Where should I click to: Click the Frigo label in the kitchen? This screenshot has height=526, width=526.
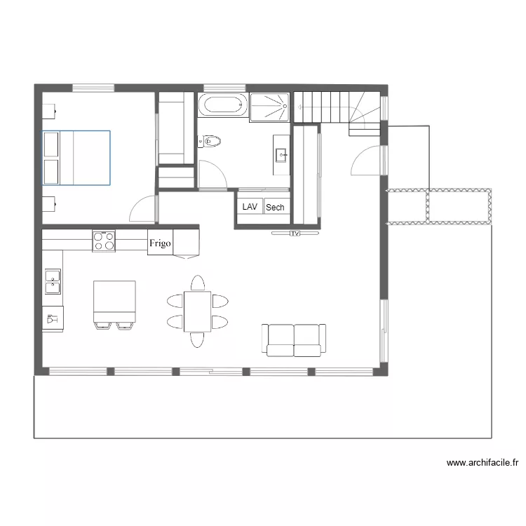(x=159, y=244)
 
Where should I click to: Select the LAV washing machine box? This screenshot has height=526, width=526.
(x=250, y=207)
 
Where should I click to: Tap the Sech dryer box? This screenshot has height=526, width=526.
(x=275, y=207)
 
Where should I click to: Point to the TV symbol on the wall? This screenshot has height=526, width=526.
(x=295, y=233)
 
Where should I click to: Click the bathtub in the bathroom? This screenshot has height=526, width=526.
(x=223, y=105)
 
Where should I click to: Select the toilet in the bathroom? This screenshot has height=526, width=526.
(x=210, y=142)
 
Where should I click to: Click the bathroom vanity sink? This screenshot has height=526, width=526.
(x=281, y=155)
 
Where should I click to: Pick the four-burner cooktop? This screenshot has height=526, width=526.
(x=104, y=241)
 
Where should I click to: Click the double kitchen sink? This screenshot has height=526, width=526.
(x=53, y=282)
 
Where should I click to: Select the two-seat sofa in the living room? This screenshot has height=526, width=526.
(x=294, y=339)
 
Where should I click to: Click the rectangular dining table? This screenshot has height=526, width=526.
(x=197, y=311)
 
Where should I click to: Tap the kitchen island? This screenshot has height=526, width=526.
(x=114, y=301)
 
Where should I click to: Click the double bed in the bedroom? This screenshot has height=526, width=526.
(x=76, y=157)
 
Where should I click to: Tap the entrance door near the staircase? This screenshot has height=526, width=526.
(x=366, y=161)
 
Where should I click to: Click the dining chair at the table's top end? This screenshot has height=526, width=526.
(x=198, y=283)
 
